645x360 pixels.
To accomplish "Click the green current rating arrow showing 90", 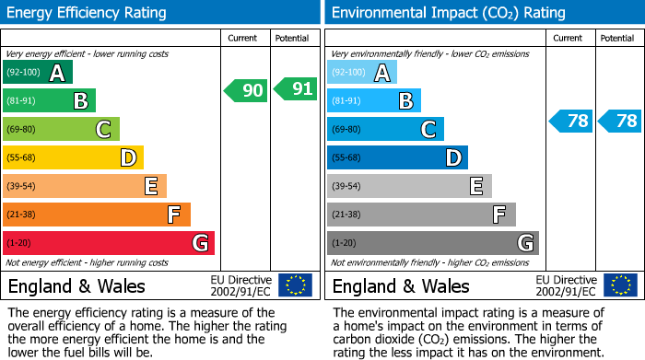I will point(246,90).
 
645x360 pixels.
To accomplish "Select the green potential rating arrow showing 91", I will point(295,90).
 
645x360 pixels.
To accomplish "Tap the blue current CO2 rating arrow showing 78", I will point(570,122).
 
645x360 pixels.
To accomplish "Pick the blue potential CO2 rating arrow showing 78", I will point(619,122).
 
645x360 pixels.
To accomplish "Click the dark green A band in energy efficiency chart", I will point(38,73).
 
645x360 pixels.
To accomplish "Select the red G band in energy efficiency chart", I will point(109,243).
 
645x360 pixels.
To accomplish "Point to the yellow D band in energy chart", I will point(74,158).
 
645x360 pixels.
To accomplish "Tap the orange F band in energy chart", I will point(97,215).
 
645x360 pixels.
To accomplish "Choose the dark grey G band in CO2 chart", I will point(432,243).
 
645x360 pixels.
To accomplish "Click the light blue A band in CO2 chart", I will point(362,73).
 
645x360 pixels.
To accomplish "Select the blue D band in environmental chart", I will point(397,158).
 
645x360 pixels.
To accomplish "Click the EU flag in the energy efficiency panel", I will point(295,285).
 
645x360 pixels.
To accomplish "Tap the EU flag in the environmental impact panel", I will point(620,285).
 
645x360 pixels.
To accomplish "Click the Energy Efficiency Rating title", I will point(88,13).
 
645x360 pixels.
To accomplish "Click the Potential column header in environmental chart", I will point(617,39).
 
